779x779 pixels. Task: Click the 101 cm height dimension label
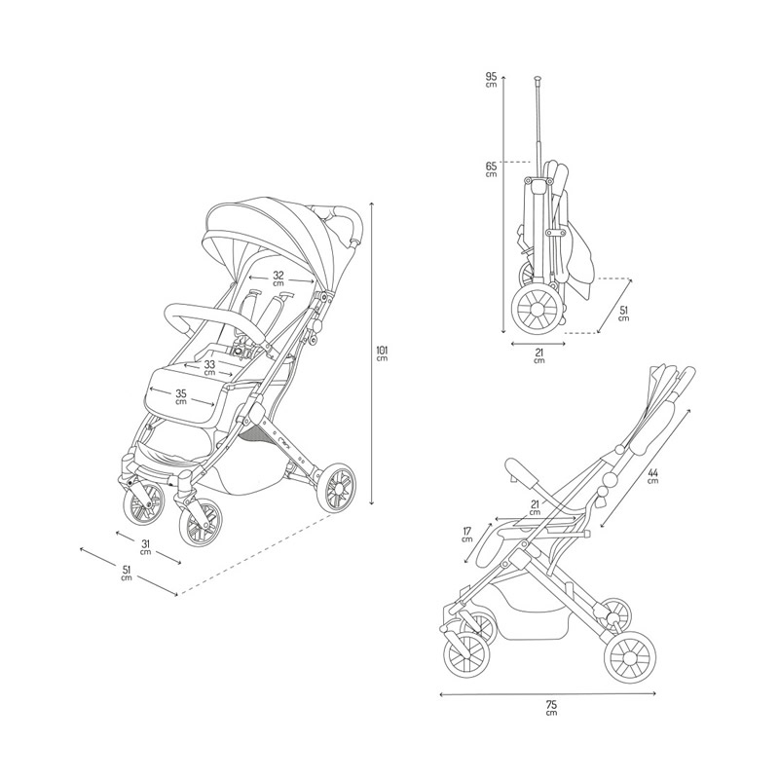click(382, 352)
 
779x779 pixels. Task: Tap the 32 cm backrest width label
click(278, 278)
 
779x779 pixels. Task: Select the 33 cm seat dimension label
click(209, 367)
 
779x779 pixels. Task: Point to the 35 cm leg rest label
click(181, 396)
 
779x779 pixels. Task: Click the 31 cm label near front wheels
click(145, 547)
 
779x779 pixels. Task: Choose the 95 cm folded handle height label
click(491, 80)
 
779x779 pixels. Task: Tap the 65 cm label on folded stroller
click(491, 169)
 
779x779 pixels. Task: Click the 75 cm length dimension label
click(551, 708)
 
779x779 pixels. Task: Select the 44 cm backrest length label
click(652, 475)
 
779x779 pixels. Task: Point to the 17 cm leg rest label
click(466, 534)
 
